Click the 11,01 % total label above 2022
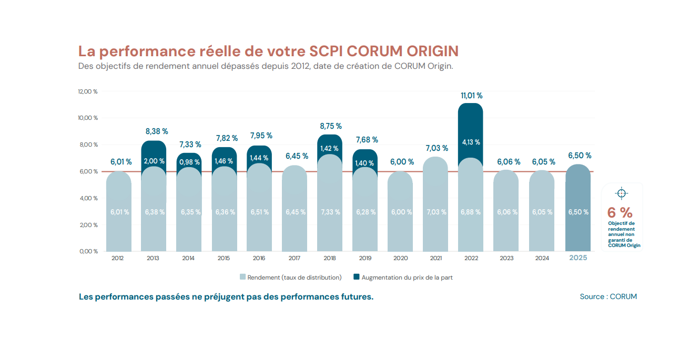point(471,96)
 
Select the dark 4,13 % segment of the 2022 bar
point(471,142)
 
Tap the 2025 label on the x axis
point(578,258)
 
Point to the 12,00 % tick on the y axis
point(88,91)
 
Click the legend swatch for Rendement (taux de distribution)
point(242,277)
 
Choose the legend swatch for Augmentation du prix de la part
point(357,277)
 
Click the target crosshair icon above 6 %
point(621,193)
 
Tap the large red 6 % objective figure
point(620,212)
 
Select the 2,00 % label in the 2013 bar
point(154,161)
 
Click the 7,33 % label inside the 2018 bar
point(330,212)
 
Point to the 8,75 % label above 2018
point(331,126)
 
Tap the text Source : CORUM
point(608,296)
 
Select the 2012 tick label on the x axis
point(118,258)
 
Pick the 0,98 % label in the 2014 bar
point(189,162)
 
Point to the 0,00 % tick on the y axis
point(88,251)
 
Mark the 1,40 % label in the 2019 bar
point(365,163)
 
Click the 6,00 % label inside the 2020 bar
point(401,212)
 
